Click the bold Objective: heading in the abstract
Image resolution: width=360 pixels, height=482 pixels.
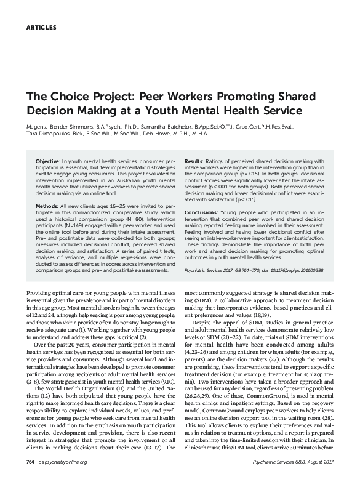pyautogui.click(x=48, y=159)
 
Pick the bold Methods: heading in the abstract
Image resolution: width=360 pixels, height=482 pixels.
pyautogui.click(x=47, y=203)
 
